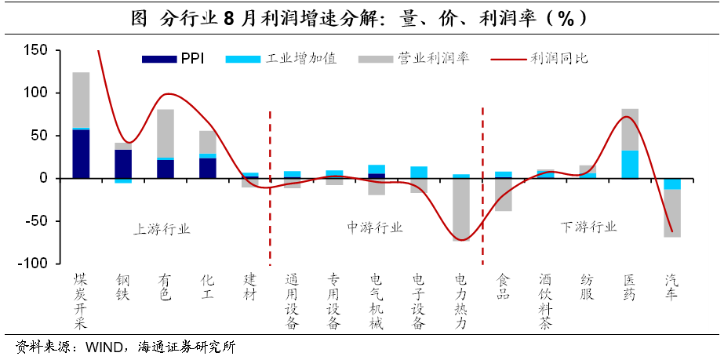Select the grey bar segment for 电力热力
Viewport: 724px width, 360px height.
point(461,208)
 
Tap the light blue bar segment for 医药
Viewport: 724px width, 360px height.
point(630,164)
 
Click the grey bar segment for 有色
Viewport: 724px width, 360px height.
point(166,133)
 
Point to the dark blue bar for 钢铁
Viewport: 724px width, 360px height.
point(123,164)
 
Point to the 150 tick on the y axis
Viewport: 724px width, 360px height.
point(36,51)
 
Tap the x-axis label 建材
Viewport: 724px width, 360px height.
point(249,286)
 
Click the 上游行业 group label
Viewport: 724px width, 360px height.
point(162,228)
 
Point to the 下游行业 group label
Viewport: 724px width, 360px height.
point(588,227)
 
